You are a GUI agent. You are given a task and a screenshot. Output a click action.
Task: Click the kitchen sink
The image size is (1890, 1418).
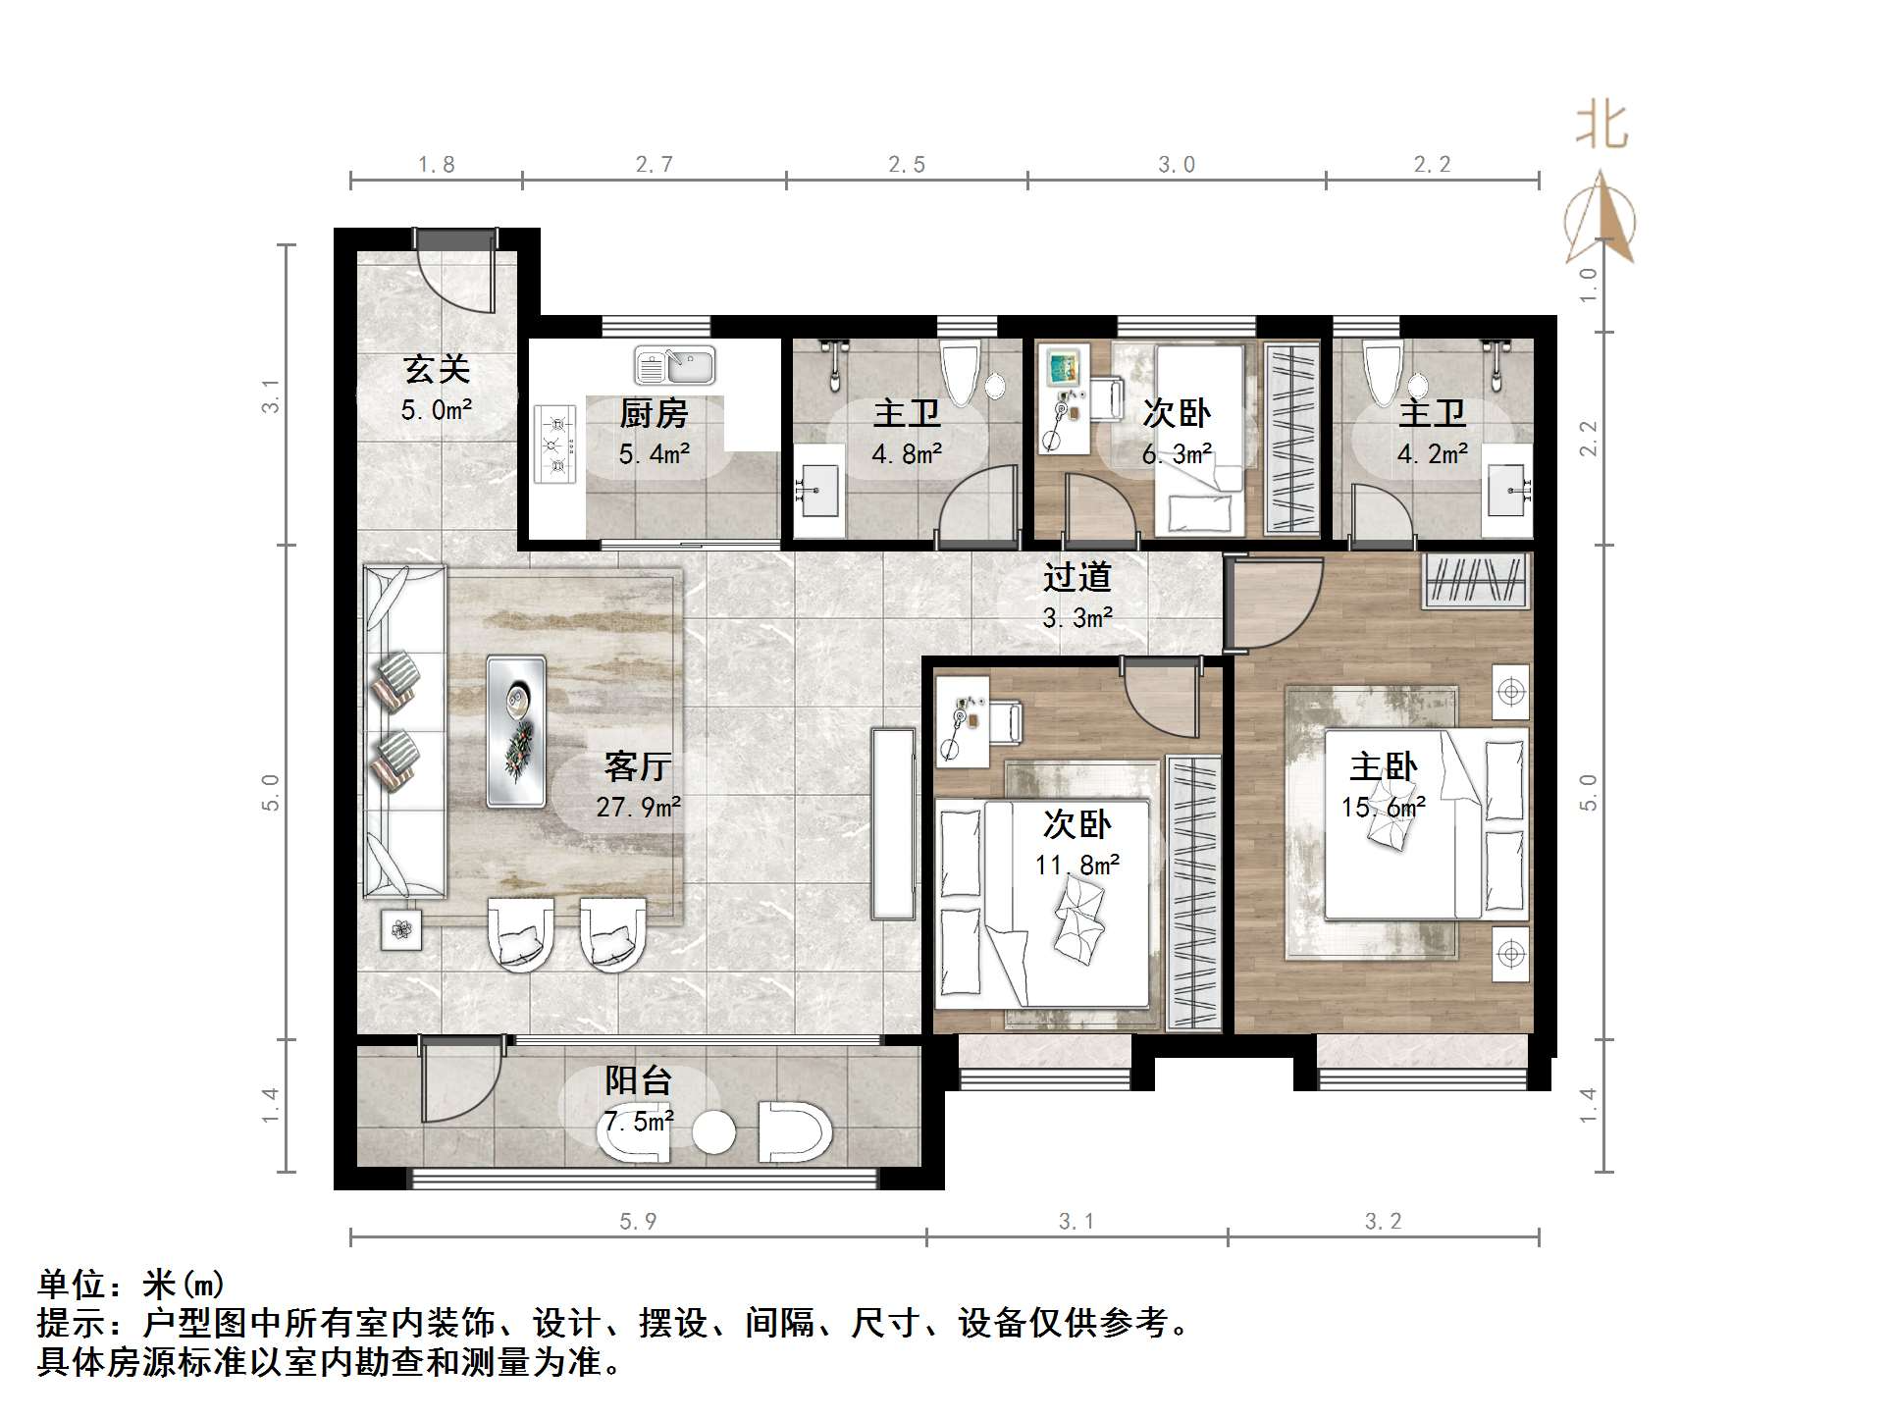coord(675,366)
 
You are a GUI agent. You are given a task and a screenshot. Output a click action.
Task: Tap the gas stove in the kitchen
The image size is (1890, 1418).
coord(555,445)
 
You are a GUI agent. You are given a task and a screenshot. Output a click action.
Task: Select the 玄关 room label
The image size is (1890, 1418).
coord(437,369)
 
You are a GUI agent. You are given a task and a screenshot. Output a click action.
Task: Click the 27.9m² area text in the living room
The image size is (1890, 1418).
coord(639,807)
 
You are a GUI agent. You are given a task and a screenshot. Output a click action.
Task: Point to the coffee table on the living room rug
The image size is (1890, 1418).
coord(516,731)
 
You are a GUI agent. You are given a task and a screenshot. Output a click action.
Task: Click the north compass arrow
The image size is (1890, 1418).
coord(1601,218)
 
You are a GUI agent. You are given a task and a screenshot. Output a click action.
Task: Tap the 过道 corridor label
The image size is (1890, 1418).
coord(1076,577)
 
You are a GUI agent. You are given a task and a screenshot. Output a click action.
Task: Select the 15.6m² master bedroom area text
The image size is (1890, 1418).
coord(1383,808)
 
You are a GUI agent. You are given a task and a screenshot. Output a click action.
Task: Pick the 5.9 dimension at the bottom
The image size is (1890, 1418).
coord(638,1221)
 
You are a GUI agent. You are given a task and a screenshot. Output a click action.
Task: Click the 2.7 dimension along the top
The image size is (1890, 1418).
coord(654,165)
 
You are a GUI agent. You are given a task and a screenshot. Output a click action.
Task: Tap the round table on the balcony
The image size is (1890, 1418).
coord(713,1132)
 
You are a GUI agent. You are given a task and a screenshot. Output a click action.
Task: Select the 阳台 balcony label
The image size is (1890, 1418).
coord(639,1080)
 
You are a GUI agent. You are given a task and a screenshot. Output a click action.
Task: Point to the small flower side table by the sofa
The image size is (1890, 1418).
coord(401,928)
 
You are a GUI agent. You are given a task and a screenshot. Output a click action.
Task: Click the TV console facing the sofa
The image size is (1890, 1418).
coord(893,823)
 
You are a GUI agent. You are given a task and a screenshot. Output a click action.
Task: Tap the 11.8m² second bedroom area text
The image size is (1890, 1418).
coord(1076,865)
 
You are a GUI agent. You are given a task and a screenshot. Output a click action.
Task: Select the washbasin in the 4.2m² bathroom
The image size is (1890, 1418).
coord(1505,491)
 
